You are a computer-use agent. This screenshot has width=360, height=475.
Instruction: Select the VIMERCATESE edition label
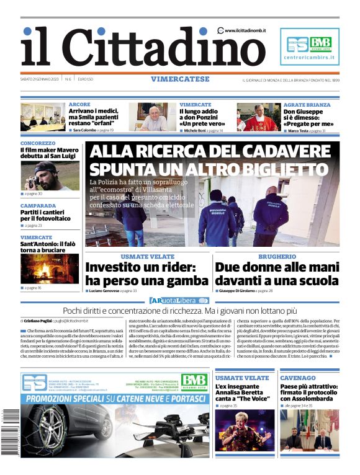[179, 79]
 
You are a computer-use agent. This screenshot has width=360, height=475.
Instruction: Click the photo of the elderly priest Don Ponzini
[153, 117]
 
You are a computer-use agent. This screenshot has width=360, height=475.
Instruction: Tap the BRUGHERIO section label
[277, 257]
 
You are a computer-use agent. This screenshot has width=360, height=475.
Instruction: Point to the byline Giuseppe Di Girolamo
[239, 290]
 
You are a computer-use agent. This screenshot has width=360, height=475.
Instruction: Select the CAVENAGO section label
[298, 378]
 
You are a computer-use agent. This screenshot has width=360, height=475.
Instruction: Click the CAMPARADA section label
[38, 205]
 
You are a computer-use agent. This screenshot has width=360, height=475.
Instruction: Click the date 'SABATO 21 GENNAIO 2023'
[40, 79]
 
